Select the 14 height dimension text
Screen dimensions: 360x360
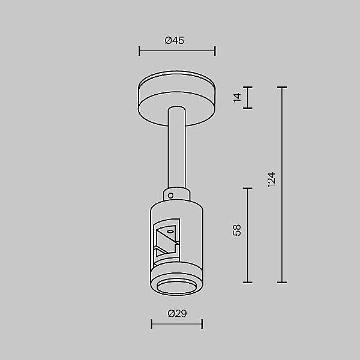pos(237,98)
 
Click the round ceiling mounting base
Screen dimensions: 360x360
pos(176,100)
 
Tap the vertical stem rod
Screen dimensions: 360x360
pos(176,150)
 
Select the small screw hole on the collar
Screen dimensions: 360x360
pos(172,195)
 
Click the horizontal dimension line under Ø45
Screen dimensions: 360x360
pos(176,51)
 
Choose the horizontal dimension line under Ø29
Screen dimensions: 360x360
pos(176,324)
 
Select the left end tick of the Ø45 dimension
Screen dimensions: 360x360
pos(139,51)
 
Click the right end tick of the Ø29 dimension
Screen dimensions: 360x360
pos(202,324)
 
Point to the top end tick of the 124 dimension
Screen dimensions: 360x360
pos(283,88)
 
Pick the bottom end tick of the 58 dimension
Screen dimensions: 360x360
pos(247,282)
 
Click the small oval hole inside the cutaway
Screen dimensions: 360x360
pos(170,231)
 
